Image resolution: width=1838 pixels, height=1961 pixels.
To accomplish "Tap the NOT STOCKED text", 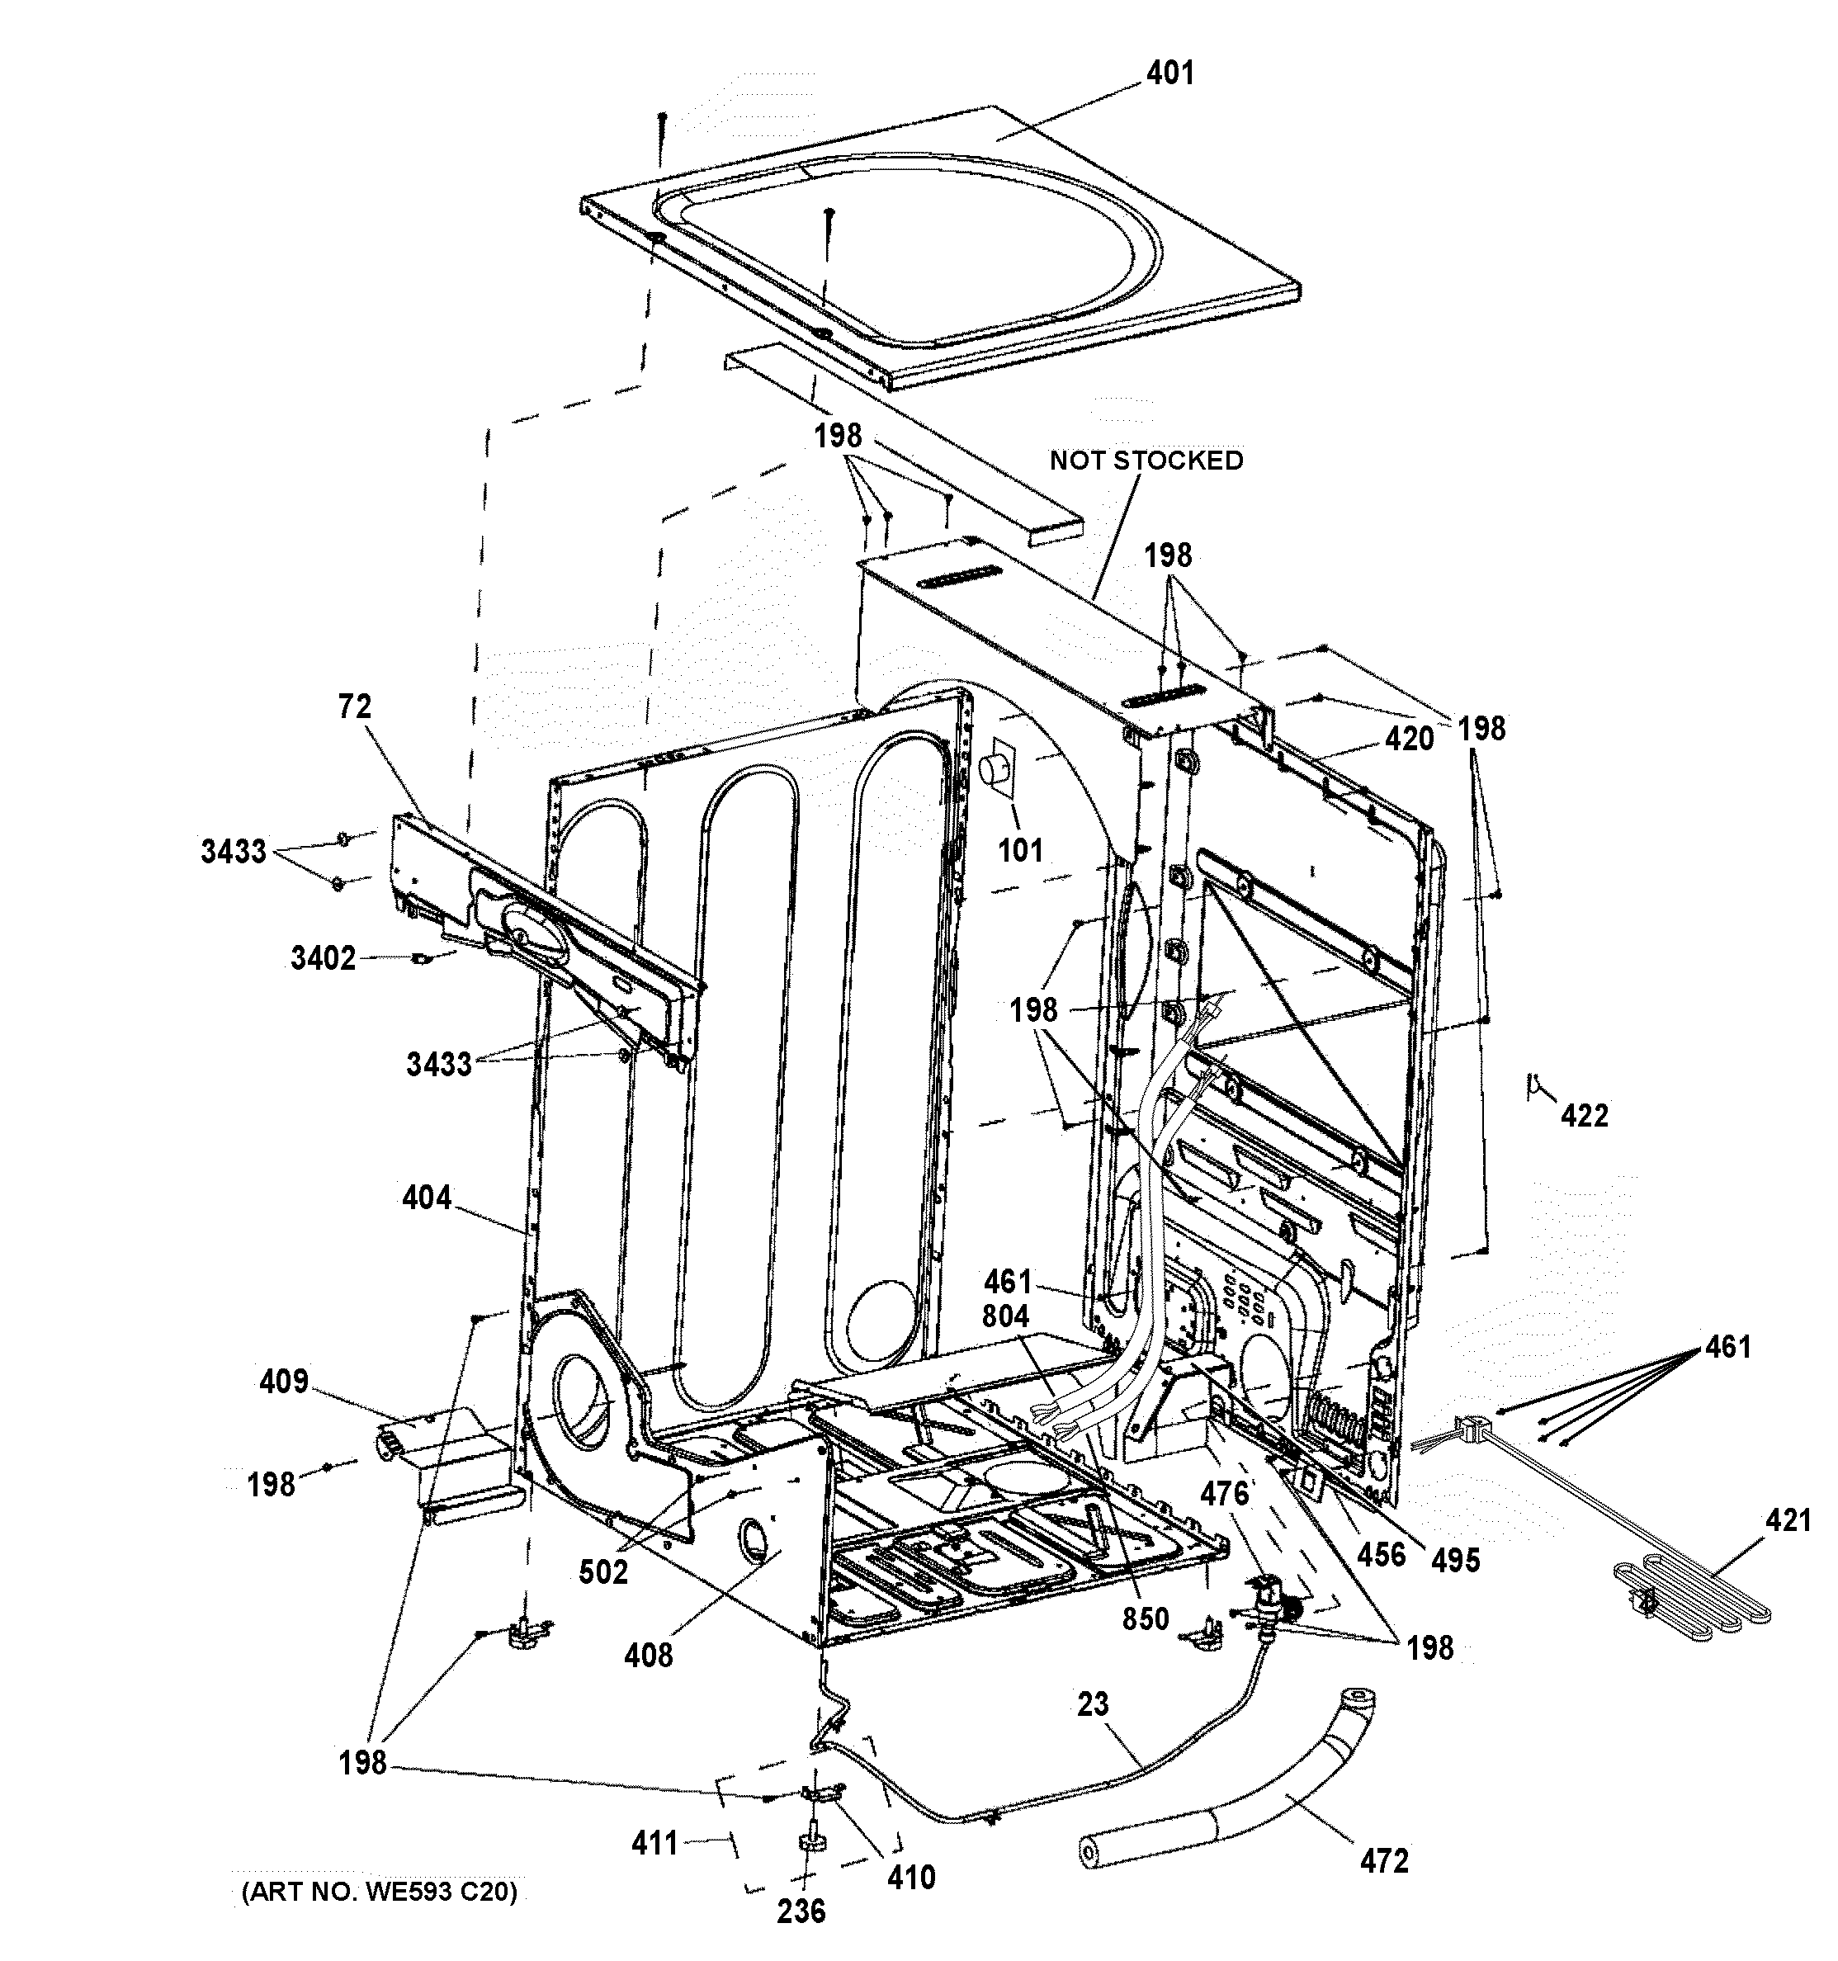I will click(1146, 461).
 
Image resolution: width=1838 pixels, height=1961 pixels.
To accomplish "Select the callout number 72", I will click(354, 707).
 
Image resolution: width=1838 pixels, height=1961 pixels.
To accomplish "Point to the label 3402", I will click(323, 958).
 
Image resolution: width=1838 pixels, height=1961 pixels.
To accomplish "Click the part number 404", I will click(426, 1198).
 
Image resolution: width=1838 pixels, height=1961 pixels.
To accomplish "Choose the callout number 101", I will click(1020, 850).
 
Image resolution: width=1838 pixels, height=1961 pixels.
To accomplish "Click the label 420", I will click(1408, 739).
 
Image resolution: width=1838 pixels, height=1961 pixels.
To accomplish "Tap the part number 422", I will click(1585, 1116).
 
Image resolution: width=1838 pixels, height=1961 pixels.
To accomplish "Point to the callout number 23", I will click(1092, 1703).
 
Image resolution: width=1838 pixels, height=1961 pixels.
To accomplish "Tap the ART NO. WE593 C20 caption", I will click(379, 1892).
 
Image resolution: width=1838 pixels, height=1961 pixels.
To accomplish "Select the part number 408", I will click(648, 1655).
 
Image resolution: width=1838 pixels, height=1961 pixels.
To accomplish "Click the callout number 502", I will click(602, 1571).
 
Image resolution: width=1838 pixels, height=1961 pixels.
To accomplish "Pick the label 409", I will click(284, 1382).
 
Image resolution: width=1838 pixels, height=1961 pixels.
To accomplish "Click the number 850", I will click(1145, 1618).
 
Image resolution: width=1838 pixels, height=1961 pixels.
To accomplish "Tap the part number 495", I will click(1455, 1560).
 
